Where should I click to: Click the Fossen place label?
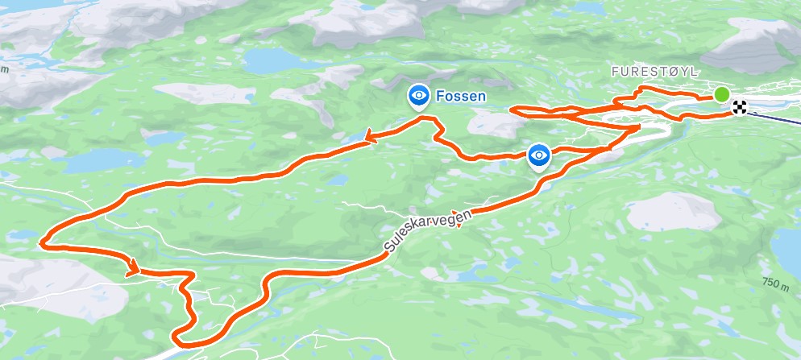coord(461,97)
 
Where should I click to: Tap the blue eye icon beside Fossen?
coord(418,97)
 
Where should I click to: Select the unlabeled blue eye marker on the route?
coord(539,155)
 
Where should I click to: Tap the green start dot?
coord(722,94)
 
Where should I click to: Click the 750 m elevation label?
coord(774,283)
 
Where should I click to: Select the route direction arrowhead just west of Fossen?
coord(371,139)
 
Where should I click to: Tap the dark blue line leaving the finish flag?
coord(774,118)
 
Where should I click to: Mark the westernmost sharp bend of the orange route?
coord(42,239)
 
